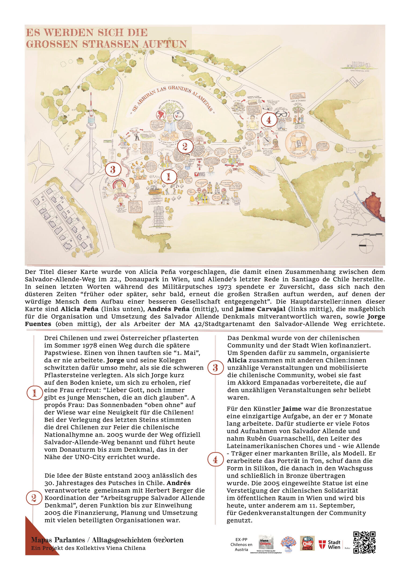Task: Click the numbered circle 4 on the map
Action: [269, 120]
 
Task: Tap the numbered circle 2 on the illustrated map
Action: [185, 147]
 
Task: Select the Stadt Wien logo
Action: [330, 545]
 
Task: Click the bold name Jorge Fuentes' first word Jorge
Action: [376, 316]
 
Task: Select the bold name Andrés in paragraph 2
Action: [179, 483]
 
